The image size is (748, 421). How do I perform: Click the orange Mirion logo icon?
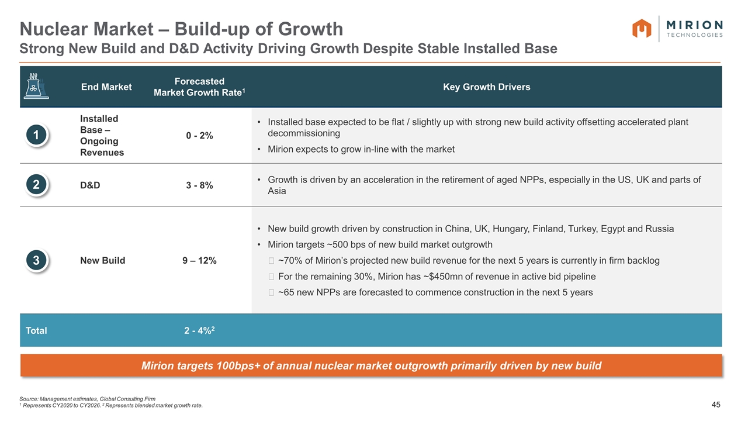[642, 29]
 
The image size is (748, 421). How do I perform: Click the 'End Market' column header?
[106, 87]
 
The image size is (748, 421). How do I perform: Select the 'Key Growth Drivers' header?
[486, 87]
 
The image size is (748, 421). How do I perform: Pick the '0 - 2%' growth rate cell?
[200, 136]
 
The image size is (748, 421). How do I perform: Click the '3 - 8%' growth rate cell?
[200, 185]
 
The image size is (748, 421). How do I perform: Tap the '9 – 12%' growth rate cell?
[200, 260]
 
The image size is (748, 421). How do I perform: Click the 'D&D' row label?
[90, 185]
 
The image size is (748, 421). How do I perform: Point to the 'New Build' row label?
[102, 260]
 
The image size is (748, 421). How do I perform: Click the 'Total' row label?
[36, 330]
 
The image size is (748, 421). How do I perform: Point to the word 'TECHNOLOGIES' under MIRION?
[694, 35]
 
